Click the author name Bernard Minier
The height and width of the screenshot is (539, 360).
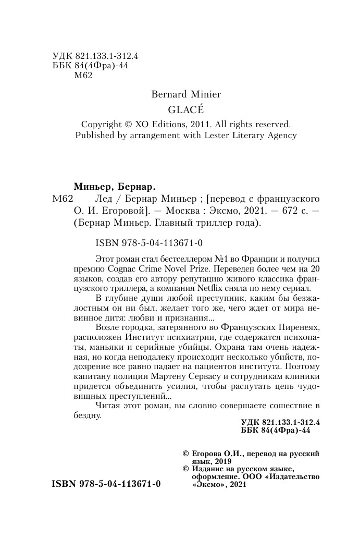pyautogui.click(x=185, y=94)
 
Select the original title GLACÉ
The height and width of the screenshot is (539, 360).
pyautogui.click(x=185, y=110)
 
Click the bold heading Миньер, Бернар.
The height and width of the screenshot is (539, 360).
pyautogui.click(x=113, y=186)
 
